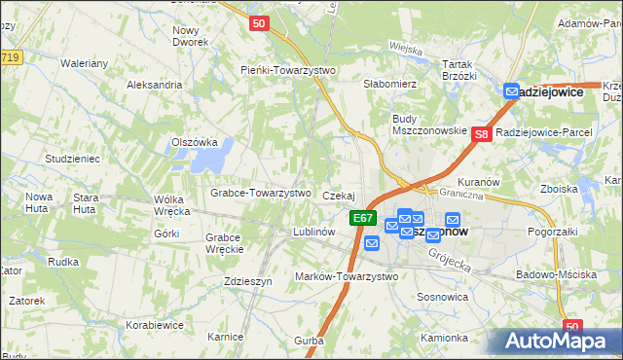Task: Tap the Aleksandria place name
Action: tap(155, 85)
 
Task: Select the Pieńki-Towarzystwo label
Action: tap(288, 70)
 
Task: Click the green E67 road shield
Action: tap(363, 218)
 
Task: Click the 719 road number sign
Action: tap(11, 57)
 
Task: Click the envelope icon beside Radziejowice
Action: tap(512, 91)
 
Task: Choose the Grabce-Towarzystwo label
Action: tap(260, 193)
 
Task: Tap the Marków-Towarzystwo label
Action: tap(347, 276)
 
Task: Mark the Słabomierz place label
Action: tap(389, 85)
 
